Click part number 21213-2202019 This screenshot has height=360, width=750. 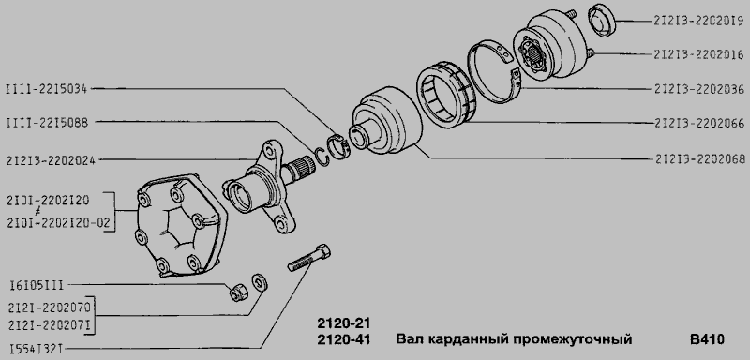pos(698,21)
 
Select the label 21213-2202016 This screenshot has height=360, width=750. pos(698,54)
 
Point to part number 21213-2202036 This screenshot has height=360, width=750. pos(698,89)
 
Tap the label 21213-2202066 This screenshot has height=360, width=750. pos(698,124)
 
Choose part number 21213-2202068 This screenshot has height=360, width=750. pos(698,158)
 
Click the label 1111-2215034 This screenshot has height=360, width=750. pos(46,88)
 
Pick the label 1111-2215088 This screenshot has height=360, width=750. pos(47,123)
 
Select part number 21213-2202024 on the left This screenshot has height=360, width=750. pos(52,160)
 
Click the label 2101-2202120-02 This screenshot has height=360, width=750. pos(58,223)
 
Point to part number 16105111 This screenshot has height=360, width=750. pos(37,286)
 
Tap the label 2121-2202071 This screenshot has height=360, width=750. pos(50,325)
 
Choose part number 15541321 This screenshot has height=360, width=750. pos(37,349)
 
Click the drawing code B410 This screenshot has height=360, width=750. pos(707,339)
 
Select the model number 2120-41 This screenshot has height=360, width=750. pos(344,339)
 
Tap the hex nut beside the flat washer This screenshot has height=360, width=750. pos(237,292)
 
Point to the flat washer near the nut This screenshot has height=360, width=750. pos(260,282)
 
